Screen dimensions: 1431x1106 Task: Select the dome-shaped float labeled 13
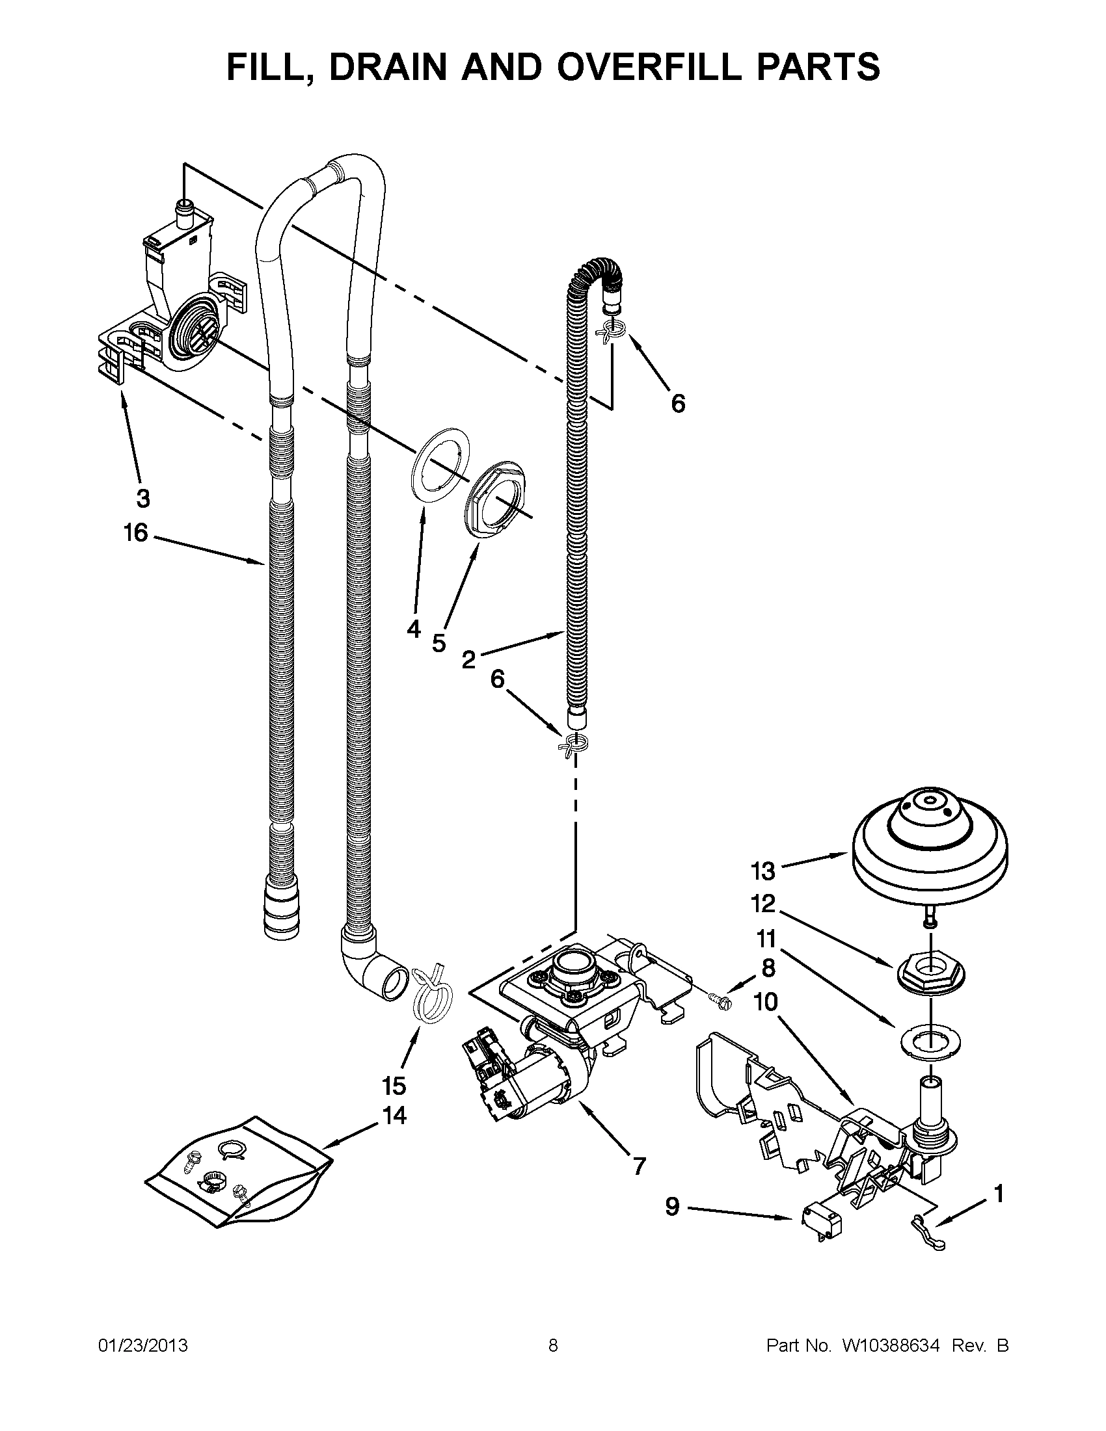(929, 846)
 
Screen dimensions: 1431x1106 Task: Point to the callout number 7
(638, 1166)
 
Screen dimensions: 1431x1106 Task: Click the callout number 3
(143, 499)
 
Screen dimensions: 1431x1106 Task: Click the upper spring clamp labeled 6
(609, 331)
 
